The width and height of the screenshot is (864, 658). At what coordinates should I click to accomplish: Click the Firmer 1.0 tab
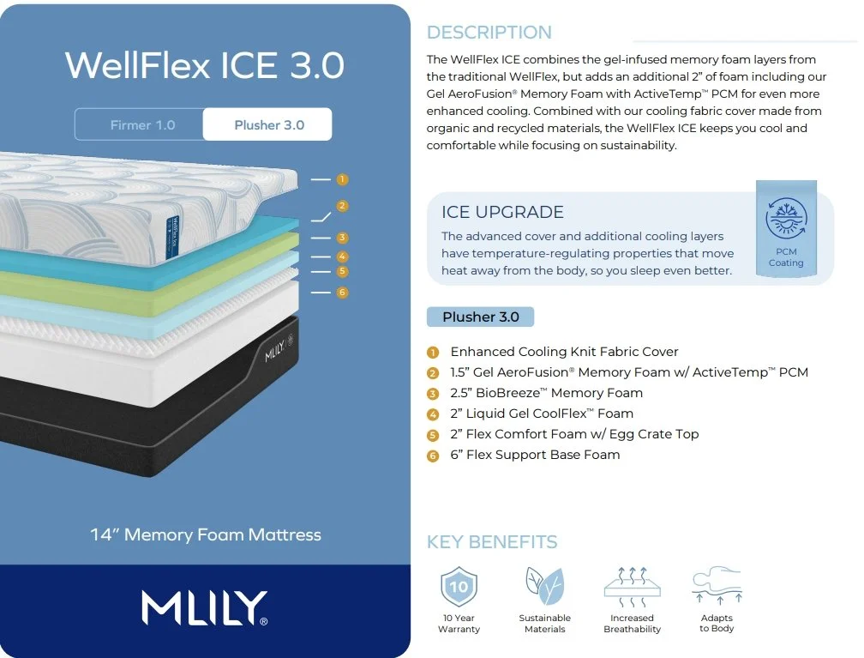click(x=142, y=125)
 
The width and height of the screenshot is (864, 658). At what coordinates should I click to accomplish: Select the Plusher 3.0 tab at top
click(x=268, y=125)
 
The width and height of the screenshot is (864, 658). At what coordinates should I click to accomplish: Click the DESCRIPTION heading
click(x=489, y=33)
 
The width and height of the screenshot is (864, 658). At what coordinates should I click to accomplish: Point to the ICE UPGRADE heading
click(x=502, y=212)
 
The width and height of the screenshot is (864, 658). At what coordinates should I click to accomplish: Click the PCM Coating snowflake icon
click(x=786, y=218)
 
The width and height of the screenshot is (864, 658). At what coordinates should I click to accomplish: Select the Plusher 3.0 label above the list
click(x=480, y=317)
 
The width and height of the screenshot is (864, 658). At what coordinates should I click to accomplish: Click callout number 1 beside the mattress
click(x=342, y=179)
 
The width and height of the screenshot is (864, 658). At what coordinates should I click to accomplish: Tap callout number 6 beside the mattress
click(x=342, y=293)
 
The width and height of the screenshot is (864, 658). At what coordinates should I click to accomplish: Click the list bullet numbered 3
click(x=433, y=394)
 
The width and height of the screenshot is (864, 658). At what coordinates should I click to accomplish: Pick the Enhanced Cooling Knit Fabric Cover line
click(x=564, y=352)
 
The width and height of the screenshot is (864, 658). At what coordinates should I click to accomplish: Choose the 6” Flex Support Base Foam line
click(x=535, y=455)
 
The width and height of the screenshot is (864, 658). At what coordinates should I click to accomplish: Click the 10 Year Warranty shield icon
click(x=459, y=587)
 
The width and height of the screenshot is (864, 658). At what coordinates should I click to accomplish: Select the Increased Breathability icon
click(x=632, y=583)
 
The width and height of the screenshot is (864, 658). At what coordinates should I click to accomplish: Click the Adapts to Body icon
click(x=716, y=585)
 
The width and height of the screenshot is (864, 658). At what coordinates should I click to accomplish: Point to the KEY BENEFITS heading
click(x=492, y=542)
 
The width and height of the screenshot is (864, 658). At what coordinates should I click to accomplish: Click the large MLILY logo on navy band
click(x=205, y=607)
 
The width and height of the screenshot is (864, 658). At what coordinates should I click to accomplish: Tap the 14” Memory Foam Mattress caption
click(x=206, y=534)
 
